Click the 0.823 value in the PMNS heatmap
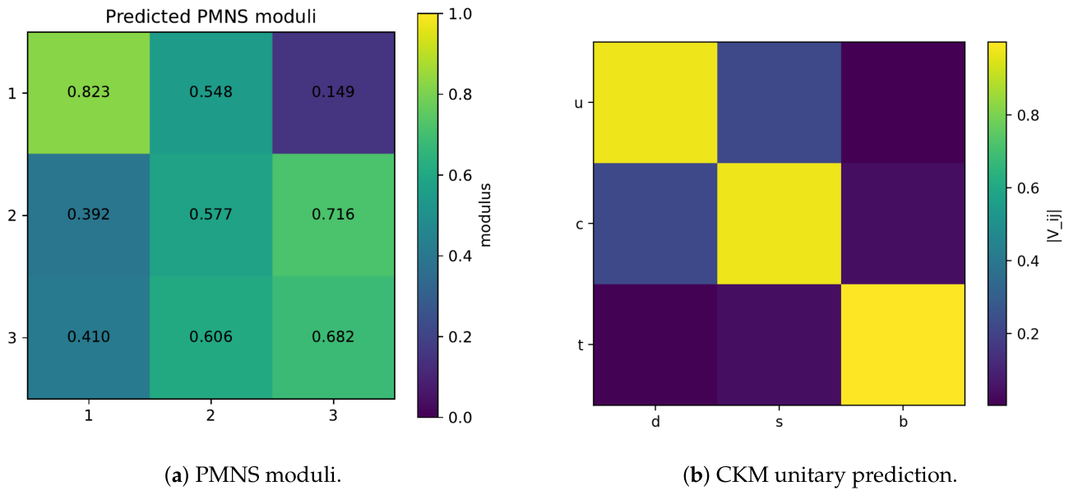[x=88, y=91]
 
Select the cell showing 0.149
[x=333, y=91]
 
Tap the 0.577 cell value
[x=211, y=215]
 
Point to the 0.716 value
[x=333, y=215]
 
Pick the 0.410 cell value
[x=88, y=337]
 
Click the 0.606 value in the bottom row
[x=211, y=337]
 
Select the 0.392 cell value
[x=88, y=215]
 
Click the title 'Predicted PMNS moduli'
[x=211, y=16]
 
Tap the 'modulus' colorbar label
[x=485, y=215]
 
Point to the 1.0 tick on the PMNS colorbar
[x=460, y=14]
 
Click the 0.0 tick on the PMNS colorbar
[x=460, y=418]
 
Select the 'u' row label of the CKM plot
[x=578, y=103]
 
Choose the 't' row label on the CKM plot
[x=580, y=345]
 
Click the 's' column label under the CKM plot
[x=779, y=423]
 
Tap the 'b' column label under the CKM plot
[x=903, y=422]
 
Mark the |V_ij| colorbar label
[x=1053, y=225]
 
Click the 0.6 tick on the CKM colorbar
[x=1028, y=188]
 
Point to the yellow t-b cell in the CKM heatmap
[x=903, y=345]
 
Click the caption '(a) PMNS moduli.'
[x=253, y=475]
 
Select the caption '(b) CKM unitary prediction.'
[x=820, y=475]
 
